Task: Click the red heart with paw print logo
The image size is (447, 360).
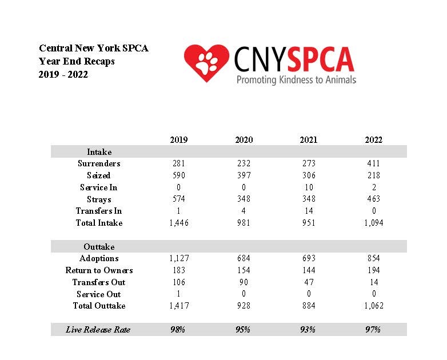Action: (x=206, y=63)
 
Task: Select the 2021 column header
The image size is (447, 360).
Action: (x=309, y=139)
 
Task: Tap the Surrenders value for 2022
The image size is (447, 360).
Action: (x=374, y=163)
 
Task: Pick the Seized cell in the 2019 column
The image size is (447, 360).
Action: (x=179, y=175)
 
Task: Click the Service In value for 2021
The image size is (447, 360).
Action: (x=309, y=187)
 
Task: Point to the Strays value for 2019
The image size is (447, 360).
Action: (x=179, y=199)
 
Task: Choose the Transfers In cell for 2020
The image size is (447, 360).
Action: (x=244, y=211)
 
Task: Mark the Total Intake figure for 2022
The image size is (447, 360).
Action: (x=374, y=223)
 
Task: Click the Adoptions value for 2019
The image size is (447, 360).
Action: (x=179, y=258)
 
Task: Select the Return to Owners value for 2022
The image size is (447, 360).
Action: (x=374, y=270)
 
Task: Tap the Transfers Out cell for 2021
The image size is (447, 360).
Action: (x=309, y=282)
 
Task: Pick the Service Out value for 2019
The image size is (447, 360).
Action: (x=178, y=294)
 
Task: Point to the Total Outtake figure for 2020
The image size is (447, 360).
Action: (x=244, y=306)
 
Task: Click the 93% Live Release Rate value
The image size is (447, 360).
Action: (x=308, y=330)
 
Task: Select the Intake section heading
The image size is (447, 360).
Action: (x=99, y=151)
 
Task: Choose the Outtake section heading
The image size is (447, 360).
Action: (x=99, y=246)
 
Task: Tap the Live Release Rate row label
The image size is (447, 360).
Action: (x=98, y=330)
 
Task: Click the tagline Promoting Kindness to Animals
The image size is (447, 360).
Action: (x=297, y=79)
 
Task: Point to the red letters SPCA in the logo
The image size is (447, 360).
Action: (x=321, y=59)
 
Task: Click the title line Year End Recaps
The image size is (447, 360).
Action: (x=77, y=61)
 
